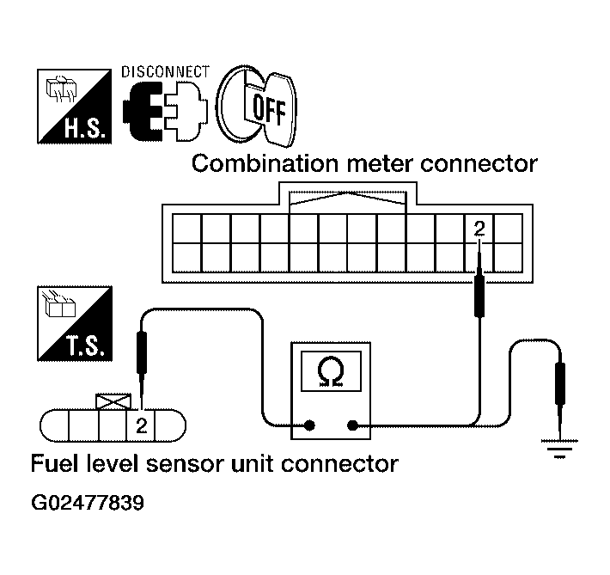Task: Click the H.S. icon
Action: tap(75, 107)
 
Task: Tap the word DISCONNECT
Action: tap(165, 71)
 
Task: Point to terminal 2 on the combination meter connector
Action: tap(479, 229)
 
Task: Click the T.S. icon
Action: tap(75, 323)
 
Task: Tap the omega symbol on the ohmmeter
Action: tap(330, 370)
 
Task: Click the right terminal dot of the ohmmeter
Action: tap(352, 425)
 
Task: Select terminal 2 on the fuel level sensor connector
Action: tap(142, 425)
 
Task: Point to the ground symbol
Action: tap(560, 449)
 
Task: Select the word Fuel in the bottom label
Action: tap(50, 464)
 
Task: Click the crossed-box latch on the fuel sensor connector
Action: tap(114, 401)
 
